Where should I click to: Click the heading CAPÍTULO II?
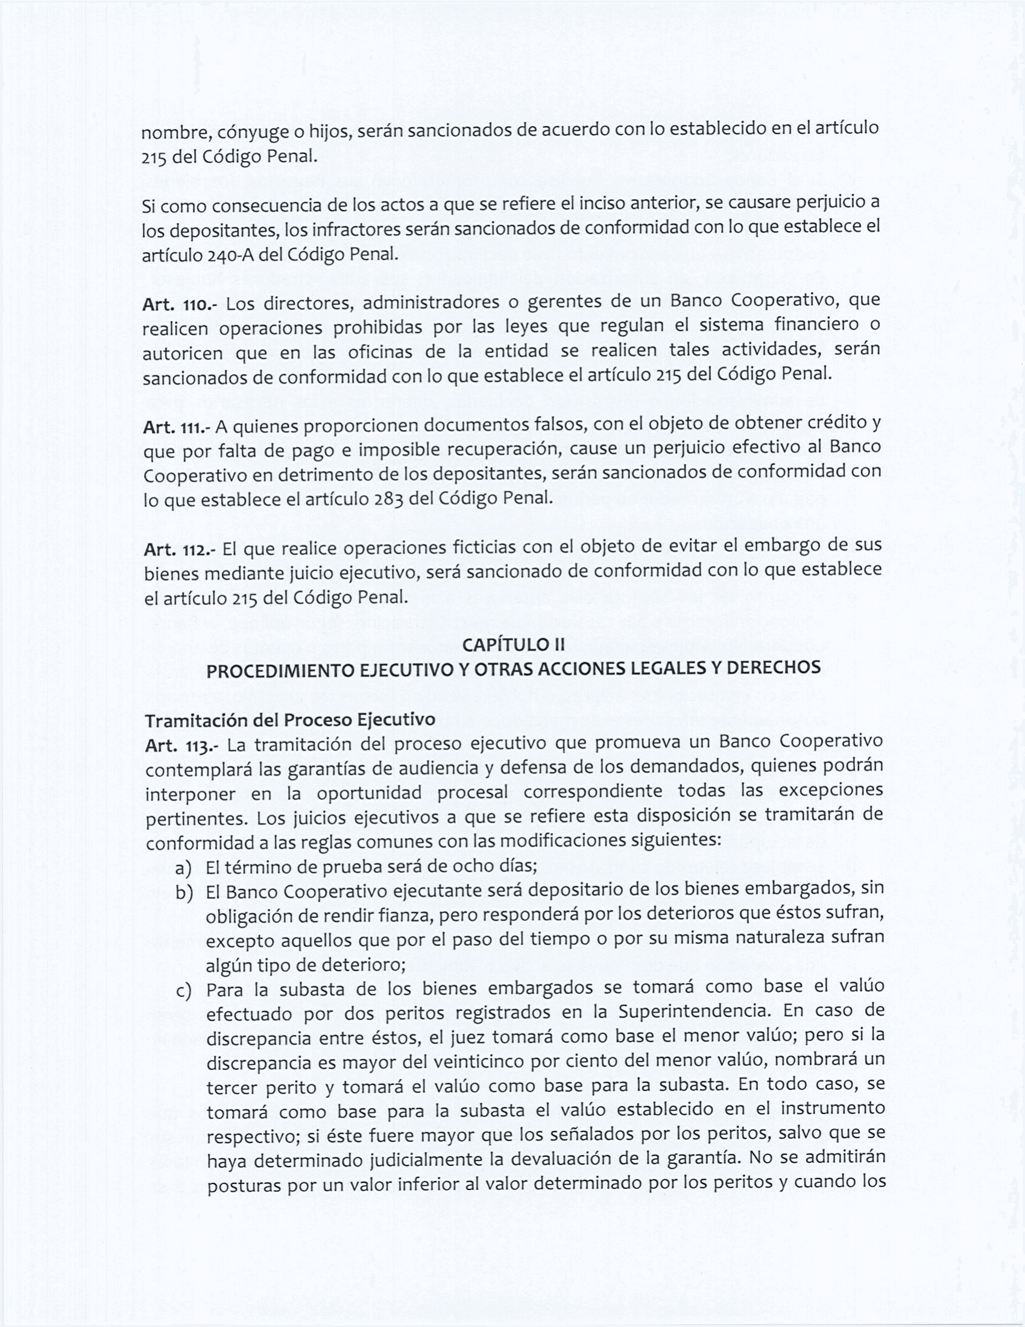pyautogui.click(x=513, y=644)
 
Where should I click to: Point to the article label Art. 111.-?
pyautogui.click(x=177, y=428)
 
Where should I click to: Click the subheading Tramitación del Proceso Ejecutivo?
pyautogui.click(x=290, y=720)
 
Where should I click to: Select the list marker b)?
pyautogui.click(x=184, y=893)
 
